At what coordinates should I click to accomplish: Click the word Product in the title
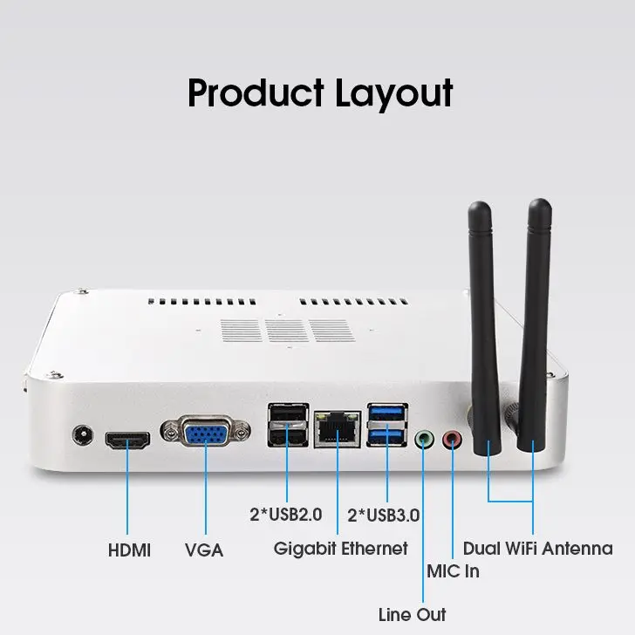click(256, 92)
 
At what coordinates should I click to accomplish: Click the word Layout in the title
click(394, 95)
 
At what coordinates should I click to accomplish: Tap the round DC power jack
click(83, 436)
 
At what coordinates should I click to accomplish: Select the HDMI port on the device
click(127, 440)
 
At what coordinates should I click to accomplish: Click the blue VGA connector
click(206, 431)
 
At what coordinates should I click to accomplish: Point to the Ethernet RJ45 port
click(338, 429)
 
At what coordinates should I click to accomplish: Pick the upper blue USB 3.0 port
click(387, 413)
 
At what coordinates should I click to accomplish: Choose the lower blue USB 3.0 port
click(387, 436)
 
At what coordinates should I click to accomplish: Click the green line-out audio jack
click(424, 440)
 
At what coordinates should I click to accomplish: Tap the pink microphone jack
click(453, 440)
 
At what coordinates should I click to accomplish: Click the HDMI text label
click(130, 550)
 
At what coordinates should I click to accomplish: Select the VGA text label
click(204, 550)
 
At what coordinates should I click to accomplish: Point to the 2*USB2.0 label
click(286, 515)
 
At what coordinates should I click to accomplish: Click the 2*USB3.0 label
click(384, 516)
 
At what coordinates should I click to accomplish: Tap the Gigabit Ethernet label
click(340, 550)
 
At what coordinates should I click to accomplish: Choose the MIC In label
click(454, 571)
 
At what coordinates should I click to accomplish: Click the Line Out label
click(413, 615)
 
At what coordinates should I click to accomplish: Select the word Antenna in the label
click(577, 549)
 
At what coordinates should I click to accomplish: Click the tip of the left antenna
click(480, 202)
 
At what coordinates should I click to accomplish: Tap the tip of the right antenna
click(540, 200)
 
